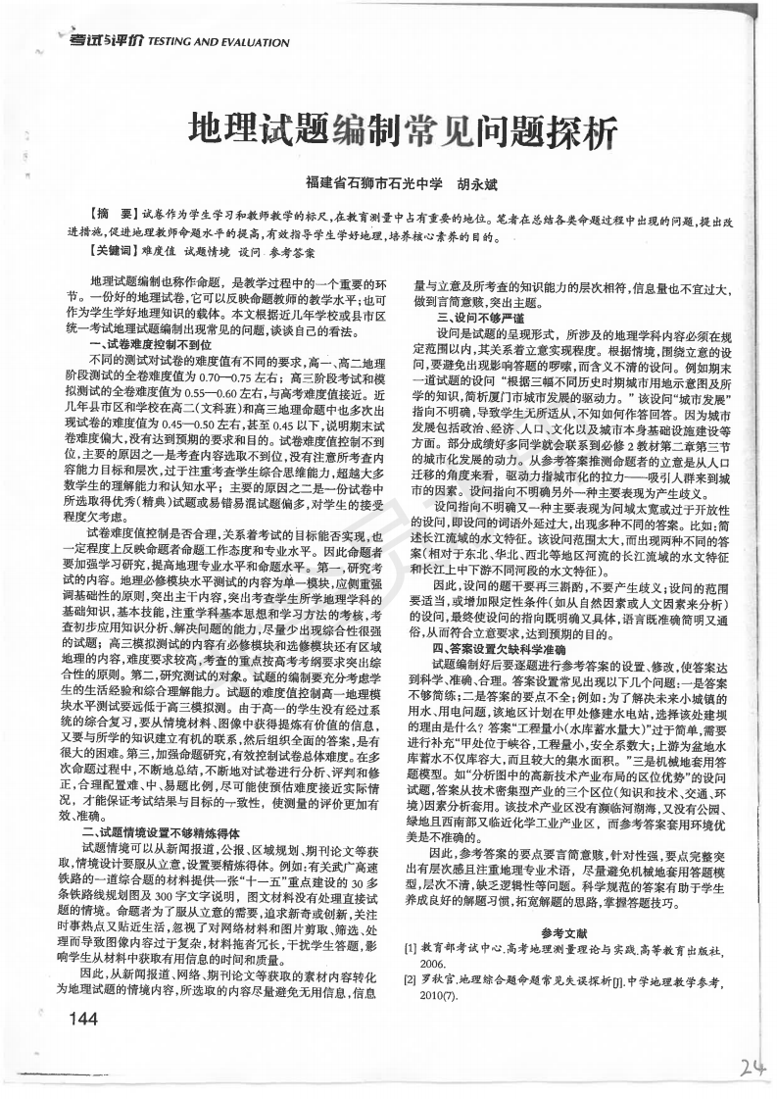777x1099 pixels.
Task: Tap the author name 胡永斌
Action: pyautogui.click(x=477, y=182)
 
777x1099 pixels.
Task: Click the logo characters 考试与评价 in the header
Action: pyautogui.click(x=105, y=41)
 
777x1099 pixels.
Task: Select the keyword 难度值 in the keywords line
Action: pyautogui.click(x=161, y=252)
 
